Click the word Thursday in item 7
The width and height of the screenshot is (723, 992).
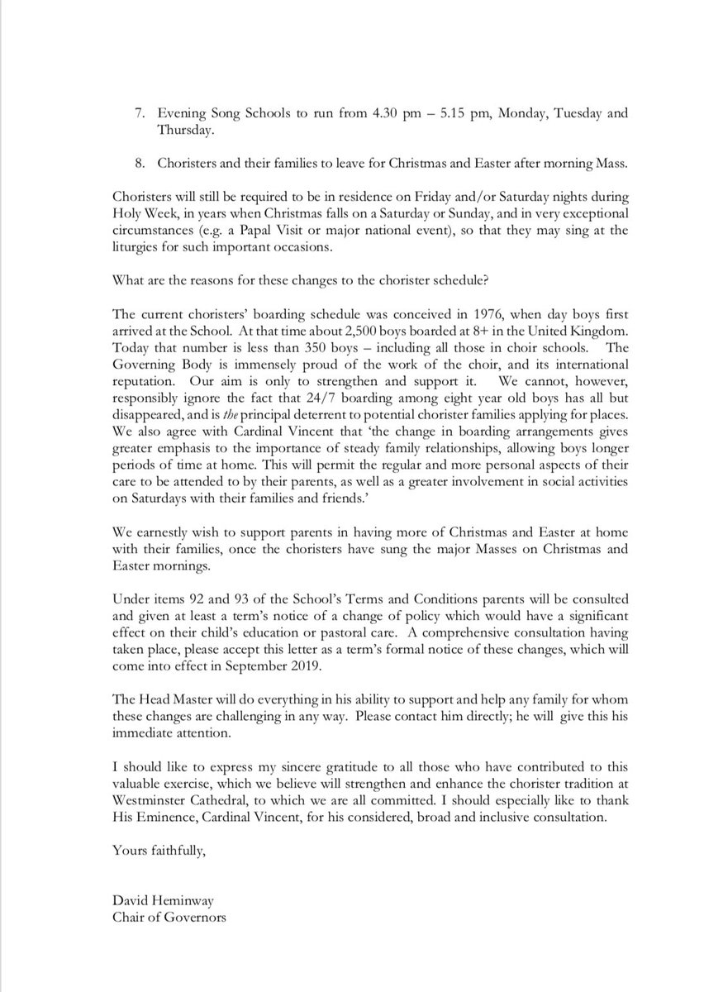coord(188,130)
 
